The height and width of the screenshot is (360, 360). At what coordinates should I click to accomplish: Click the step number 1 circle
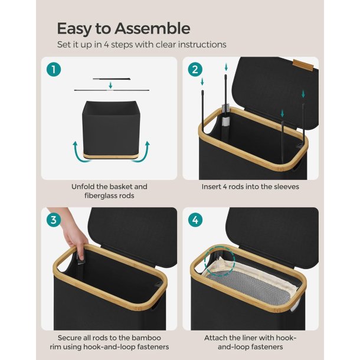point(54,69)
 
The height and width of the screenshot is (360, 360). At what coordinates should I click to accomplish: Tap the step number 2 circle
point(195,69)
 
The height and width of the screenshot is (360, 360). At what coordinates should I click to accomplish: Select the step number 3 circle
point(54,220)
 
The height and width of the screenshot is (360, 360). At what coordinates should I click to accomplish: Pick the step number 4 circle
point(195,220)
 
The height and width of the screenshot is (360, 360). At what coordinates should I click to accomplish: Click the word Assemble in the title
point(152,28)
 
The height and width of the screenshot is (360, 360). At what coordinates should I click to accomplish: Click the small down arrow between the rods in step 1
point(110,86)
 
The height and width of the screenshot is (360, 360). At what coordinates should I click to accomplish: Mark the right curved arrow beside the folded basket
point(141,152)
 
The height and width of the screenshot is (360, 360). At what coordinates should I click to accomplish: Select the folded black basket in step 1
point(110,129)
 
